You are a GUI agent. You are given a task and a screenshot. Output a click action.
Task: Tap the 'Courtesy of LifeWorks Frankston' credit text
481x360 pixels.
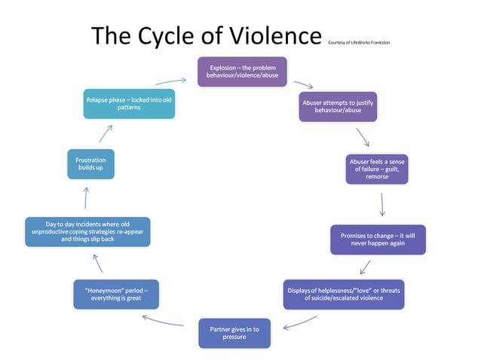[x=359, y=42]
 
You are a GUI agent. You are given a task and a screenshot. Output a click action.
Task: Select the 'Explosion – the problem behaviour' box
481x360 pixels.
[x=242, y=72]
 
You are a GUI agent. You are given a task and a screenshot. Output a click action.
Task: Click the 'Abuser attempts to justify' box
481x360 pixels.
[x=337, y=106]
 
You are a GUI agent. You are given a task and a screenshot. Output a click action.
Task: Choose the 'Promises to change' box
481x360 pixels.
[x=377, y=239]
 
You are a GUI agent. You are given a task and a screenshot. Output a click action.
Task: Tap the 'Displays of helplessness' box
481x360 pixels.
[x=343, y=294]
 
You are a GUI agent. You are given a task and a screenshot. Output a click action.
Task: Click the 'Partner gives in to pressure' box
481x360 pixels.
[x=234, y=333]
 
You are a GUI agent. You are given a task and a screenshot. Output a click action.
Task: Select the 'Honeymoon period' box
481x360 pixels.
[x=116, y=294]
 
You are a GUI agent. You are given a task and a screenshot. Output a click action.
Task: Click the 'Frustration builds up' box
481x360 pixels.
[x=90, y=163]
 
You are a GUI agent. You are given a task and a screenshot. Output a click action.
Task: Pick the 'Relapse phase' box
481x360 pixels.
[x=129, y=103]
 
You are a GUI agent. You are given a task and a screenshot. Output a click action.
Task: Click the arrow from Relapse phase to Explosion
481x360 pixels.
[x=171, y=80]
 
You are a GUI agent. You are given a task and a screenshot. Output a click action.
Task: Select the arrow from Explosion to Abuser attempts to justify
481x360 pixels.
[x=303, y=85]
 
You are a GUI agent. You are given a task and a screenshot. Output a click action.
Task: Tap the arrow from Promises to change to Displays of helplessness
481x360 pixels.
[x=365, y=267]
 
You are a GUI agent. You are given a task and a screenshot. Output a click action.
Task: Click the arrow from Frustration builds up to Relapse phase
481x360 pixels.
[x=105, y=134]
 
